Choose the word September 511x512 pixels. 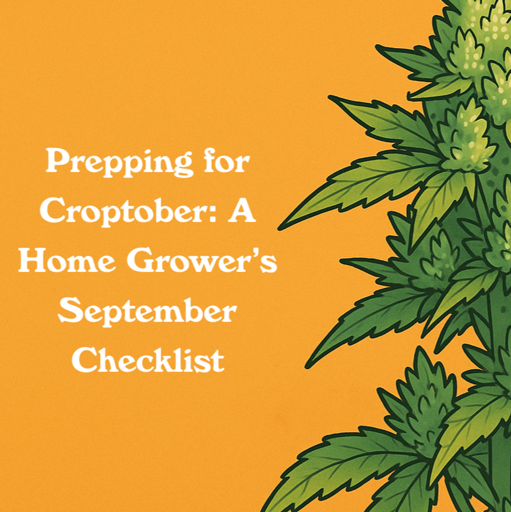[147, 311]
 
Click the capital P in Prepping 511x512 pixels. [56, 161]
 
